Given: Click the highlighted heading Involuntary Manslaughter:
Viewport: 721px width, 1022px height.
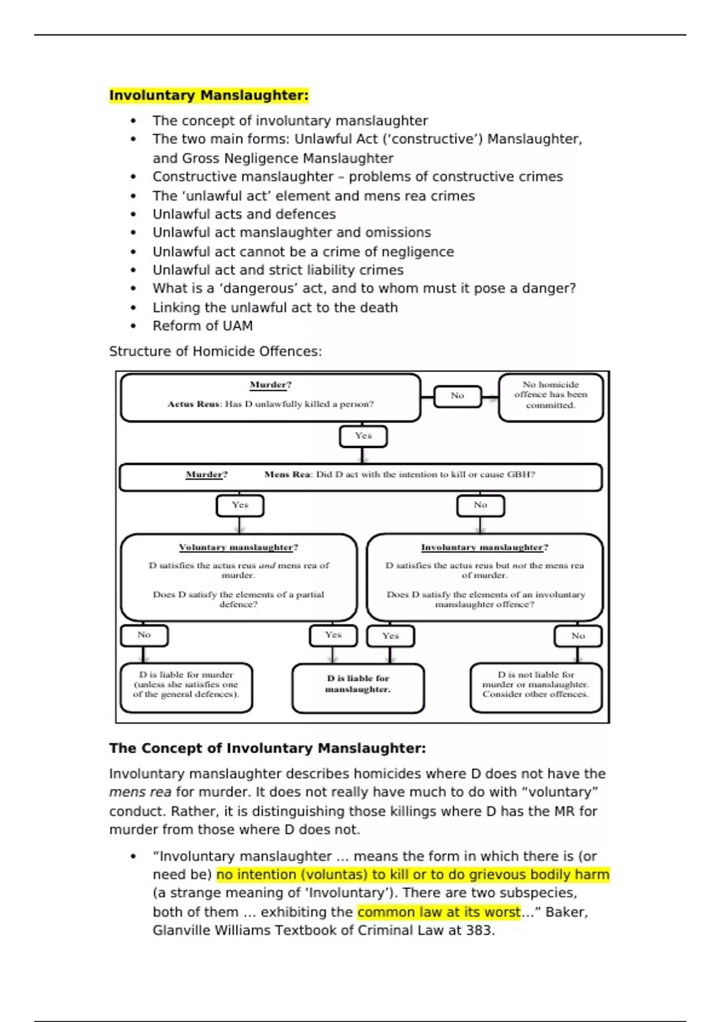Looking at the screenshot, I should click(x=208, y=96).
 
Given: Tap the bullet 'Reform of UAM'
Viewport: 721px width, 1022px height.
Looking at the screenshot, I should click(x=202, y=326).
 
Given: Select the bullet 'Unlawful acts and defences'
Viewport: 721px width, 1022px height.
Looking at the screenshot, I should click(x=244, y=214).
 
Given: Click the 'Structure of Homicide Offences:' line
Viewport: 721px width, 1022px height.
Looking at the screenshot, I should click(x=215, y=351).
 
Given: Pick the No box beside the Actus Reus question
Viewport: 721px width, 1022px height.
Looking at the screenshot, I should click(x=457, y=396).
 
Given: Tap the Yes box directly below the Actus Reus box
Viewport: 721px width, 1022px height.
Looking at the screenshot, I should click(x=363, y=436).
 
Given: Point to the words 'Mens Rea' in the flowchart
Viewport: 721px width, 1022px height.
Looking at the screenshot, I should click(x=287, y=474).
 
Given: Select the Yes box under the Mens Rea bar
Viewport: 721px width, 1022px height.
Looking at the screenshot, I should click(x=240, y=505).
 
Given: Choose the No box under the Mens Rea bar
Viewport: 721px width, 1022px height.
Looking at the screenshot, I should click(x=480, y=505).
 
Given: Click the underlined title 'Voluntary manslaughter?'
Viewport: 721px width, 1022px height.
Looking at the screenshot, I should click(x=239, y=547).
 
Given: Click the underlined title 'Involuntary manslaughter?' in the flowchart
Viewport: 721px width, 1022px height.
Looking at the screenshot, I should click(x=484, y=547).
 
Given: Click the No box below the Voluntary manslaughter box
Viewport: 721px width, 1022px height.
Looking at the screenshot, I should click(x=144, y=635).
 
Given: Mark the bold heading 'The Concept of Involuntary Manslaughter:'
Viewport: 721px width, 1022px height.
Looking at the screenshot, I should click(x=267, y=748).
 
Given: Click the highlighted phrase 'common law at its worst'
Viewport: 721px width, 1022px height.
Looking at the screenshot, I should click(x=439, y=912).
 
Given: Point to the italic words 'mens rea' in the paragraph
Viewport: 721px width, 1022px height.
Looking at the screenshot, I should click(x=140, y=792).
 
